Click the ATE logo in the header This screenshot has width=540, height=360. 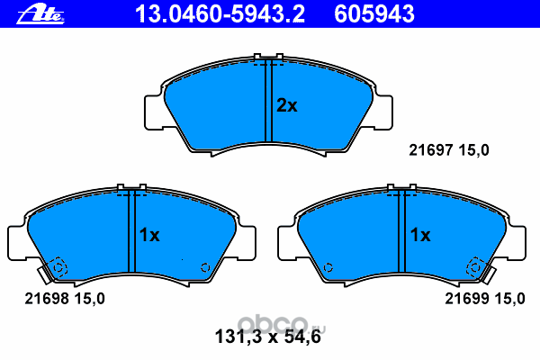40,14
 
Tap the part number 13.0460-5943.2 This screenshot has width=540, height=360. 220,14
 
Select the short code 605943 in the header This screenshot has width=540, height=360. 374,14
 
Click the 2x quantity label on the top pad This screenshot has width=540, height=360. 287,106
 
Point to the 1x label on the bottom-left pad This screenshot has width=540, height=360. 149,235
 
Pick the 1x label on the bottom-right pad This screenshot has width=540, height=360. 420,235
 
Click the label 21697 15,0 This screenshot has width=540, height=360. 449,150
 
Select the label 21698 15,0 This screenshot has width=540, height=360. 65,299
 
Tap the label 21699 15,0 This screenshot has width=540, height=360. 485,299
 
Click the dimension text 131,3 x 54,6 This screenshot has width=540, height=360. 268,337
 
